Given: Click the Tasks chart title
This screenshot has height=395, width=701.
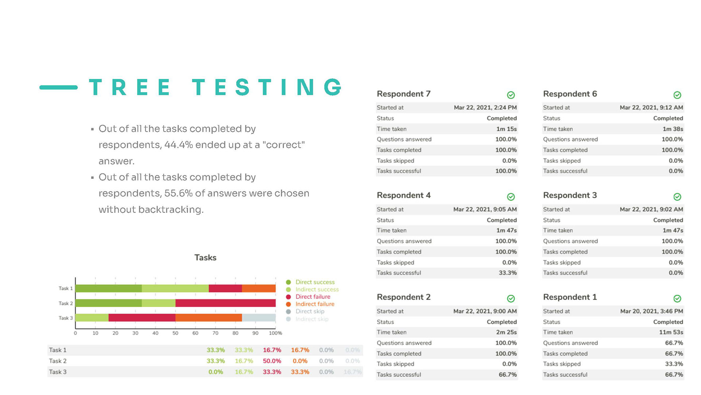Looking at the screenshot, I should pyautogui.click(x=205, y=257).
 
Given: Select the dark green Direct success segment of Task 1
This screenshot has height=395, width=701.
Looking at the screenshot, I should pyautogui.click(x=108, y=288).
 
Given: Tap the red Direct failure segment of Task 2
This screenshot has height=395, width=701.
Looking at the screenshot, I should pyautogui.click(x=225, y=303).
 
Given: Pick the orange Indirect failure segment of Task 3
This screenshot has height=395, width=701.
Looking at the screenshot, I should pyautogui.click(x=208, y=317).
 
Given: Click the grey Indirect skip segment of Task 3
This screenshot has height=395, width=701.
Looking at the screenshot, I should pyautogui.click(x=259, y=317).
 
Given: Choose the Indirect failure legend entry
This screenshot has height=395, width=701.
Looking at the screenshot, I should pyautogui.click(x=315, y=304).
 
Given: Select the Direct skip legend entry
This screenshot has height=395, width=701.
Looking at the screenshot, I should pyautogui.click(x=310, y=311).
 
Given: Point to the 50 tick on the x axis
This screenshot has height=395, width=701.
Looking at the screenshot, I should pyautogui.click(x=175, y=333).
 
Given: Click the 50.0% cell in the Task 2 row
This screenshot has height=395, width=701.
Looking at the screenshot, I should pyautogui.click(x=272, y=361).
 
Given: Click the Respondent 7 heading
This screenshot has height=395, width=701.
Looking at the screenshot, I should pyautogui.click(x=403, y=94).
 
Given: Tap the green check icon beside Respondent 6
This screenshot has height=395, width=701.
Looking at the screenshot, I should pyautogui.click(x=677, y=95).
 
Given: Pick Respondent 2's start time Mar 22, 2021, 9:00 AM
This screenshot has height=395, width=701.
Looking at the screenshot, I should pyautogui.click(x=485, y=311).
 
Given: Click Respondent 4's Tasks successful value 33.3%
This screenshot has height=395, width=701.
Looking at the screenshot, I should pyautogui.click(x=507, y=273).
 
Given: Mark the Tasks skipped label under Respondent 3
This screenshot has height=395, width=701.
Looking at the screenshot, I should pyautogui.click(x=562, y=263).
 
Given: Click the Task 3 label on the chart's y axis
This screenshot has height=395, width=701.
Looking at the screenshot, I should pyautogui.click(x=66, y=318).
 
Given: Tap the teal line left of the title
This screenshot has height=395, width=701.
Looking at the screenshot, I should pyautogui.click(x=58, y=87).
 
